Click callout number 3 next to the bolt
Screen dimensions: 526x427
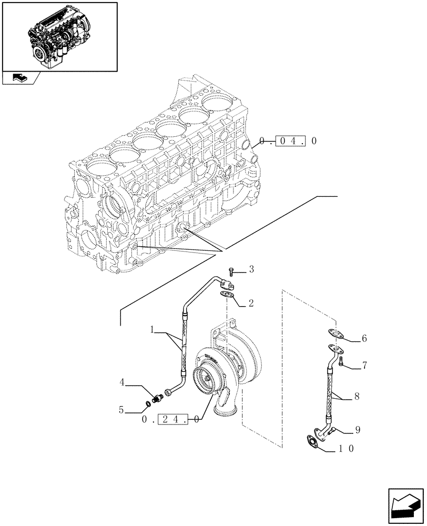[x=251, y=270]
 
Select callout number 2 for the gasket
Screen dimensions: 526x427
[x=251, y=303]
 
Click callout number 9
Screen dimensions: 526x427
[x=358, y=430]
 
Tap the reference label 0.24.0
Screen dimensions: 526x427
[x=171, y=419]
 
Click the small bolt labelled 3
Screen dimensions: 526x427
[x=232, y=272]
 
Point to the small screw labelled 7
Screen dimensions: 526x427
[x=341, y=361]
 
